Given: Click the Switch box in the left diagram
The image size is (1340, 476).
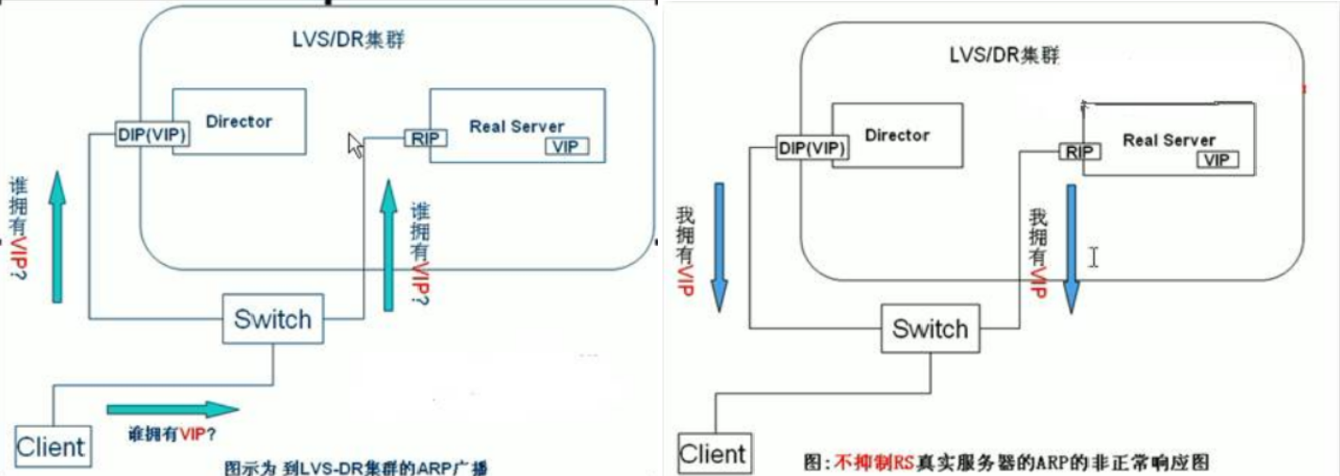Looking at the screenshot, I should pos(272,319).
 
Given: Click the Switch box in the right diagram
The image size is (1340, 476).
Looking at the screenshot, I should pos(930,328).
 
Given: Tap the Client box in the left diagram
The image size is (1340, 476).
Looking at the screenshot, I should pos(52,446).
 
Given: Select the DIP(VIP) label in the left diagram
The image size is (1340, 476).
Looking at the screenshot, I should pos(152,135).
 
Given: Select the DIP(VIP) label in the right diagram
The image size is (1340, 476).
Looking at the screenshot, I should pos(812,149).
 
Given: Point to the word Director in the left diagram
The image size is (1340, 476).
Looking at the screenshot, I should pos(238,121).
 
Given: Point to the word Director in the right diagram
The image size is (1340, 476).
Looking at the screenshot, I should pos(896,135).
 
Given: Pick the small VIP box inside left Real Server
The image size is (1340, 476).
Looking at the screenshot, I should pos(565,146).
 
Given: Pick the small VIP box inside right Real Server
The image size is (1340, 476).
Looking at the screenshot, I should pos(1217,159).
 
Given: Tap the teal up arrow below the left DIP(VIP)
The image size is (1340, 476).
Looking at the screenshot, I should pos(58,236).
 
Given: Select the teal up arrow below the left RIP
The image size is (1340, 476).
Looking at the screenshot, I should pos(387,244).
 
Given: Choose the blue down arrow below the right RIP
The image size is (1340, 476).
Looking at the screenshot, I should pos(1070,249).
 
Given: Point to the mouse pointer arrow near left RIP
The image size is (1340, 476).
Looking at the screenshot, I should pos(355,145).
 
